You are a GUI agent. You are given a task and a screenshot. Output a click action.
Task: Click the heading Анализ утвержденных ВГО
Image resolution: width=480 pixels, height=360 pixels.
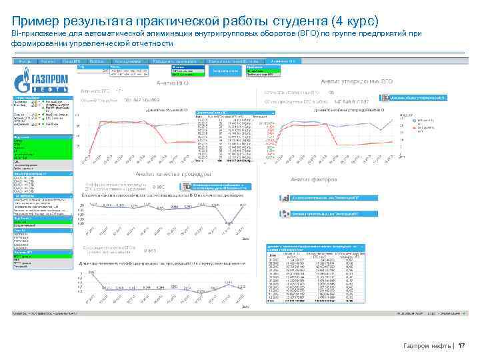click(x=356, y=81)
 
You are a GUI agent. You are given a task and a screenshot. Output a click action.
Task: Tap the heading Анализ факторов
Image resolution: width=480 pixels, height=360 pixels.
click(x=314, y=179)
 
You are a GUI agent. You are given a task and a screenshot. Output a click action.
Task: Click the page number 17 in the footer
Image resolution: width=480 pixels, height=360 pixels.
click(x=461, y=345)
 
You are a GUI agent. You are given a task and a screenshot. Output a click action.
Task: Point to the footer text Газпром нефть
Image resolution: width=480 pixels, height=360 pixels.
click(x=426, y=345)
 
